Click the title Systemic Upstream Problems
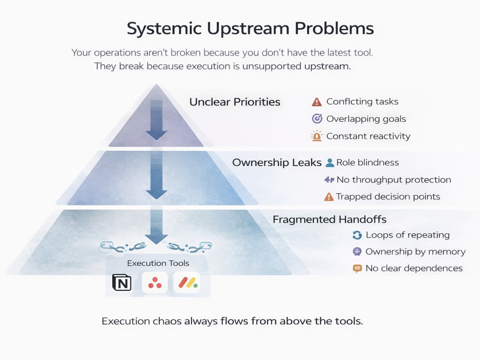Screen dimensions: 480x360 click(250, 29)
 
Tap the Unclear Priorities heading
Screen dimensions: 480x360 click(235, 102)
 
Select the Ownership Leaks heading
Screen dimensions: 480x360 click(277, 162)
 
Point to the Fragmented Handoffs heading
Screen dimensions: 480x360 click(329, 219)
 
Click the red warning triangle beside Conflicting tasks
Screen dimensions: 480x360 click(317, 102)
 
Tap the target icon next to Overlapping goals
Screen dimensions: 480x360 click(317, 119)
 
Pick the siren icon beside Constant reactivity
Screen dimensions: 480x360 click(317, 136)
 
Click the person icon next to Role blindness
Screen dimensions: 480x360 click(330, 163)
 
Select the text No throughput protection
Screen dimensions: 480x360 click(394, 180)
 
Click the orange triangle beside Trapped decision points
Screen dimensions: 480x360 click(329, 196)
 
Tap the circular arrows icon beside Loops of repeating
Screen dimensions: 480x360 click(357, 235)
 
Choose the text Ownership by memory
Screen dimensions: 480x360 click(415, 252)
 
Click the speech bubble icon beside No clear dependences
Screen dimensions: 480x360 click(357, 268)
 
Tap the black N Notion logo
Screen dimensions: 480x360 click(122, 282)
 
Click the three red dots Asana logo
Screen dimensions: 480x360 click(155, 283)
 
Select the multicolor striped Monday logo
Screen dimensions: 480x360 click(188, 283)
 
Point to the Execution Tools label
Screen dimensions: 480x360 click(158, 263)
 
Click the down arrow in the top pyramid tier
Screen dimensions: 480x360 click(156, 120)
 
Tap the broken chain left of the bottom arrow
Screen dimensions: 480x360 click(122, 247)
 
